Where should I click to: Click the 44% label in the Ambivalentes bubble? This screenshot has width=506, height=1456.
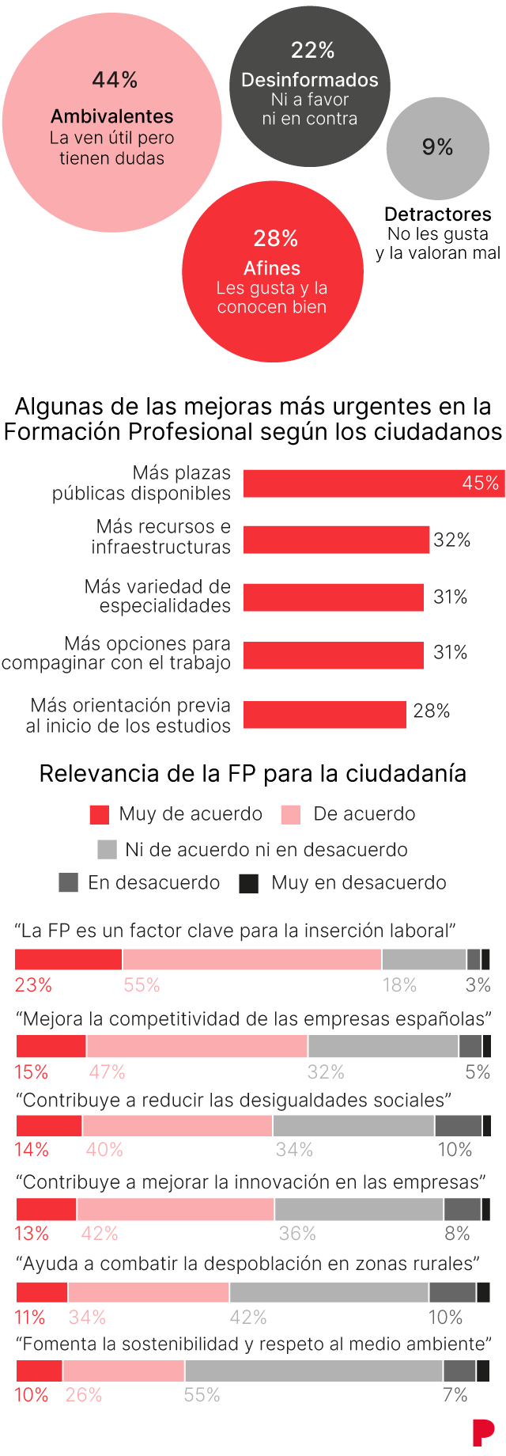pyautogui.click(x=115, y=80)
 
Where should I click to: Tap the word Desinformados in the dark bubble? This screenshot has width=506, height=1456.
pyautogui.click(x=310, y=80)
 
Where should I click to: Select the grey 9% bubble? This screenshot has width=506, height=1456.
pyautogui.click(x=437, y=148)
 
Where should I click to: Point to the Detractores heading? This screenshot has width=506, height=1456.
pyautogui.click(x=437, y=214)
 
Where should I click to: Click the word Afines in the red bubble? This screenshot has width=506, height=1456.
pyautogui.click(x=272, y=268)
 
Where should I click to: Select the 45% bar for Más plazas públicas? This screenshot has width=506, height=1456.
pyautogui.click(x=373, y=483)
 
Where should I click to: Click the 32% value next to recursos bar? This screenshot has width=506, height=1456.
pyautogui.click(x=452, y=540)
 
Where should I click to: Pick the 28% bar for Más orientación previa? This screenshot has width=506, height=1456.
pyautogui.click(x=324, y=715)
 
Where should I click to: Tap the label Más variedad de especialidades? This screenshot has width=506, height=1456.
pyautogui.click(x=158, y=596)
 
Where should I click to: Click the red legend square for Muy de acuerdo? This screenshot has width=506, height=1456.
pyautogui.click(x=100, y=815)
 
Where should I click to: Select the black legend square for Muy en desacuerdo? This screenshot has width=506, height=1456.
pyautogui.click(x=249, y=884)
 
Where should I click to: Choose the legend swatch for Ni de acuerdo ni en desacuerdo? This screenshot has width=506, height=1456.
pyautogui.click(x=107, y=850)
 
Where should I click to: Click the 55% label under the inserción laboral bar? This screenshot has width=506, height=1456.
pyautogui.click(x=142, y=985)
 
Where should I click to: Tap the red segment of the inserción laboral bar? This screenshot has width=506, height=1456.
pyautogui.click(x=69, y=959)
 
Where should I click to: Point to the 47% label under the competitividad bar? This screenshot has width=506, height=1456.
pyautogui.click(x=107, y=1072)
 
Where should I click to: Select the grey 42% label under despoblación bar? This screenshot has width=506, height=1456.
pyautogui.click(x=248, y=1318)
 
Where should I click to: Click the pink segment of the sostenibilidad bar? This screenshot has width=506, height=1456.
pyautogui.click(x=123, y=1371)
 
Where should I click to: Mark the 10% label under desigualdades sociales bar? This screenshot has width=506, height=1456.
pyautogui.click(x=455, y=1150)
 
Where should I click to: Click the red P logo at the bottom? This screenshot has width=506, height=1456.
pyautogui.click(x=482, y=1433)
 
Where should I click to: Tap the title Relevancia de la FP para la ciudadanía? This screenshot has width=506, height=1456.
pyautogui.click(x=253, y=774)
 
